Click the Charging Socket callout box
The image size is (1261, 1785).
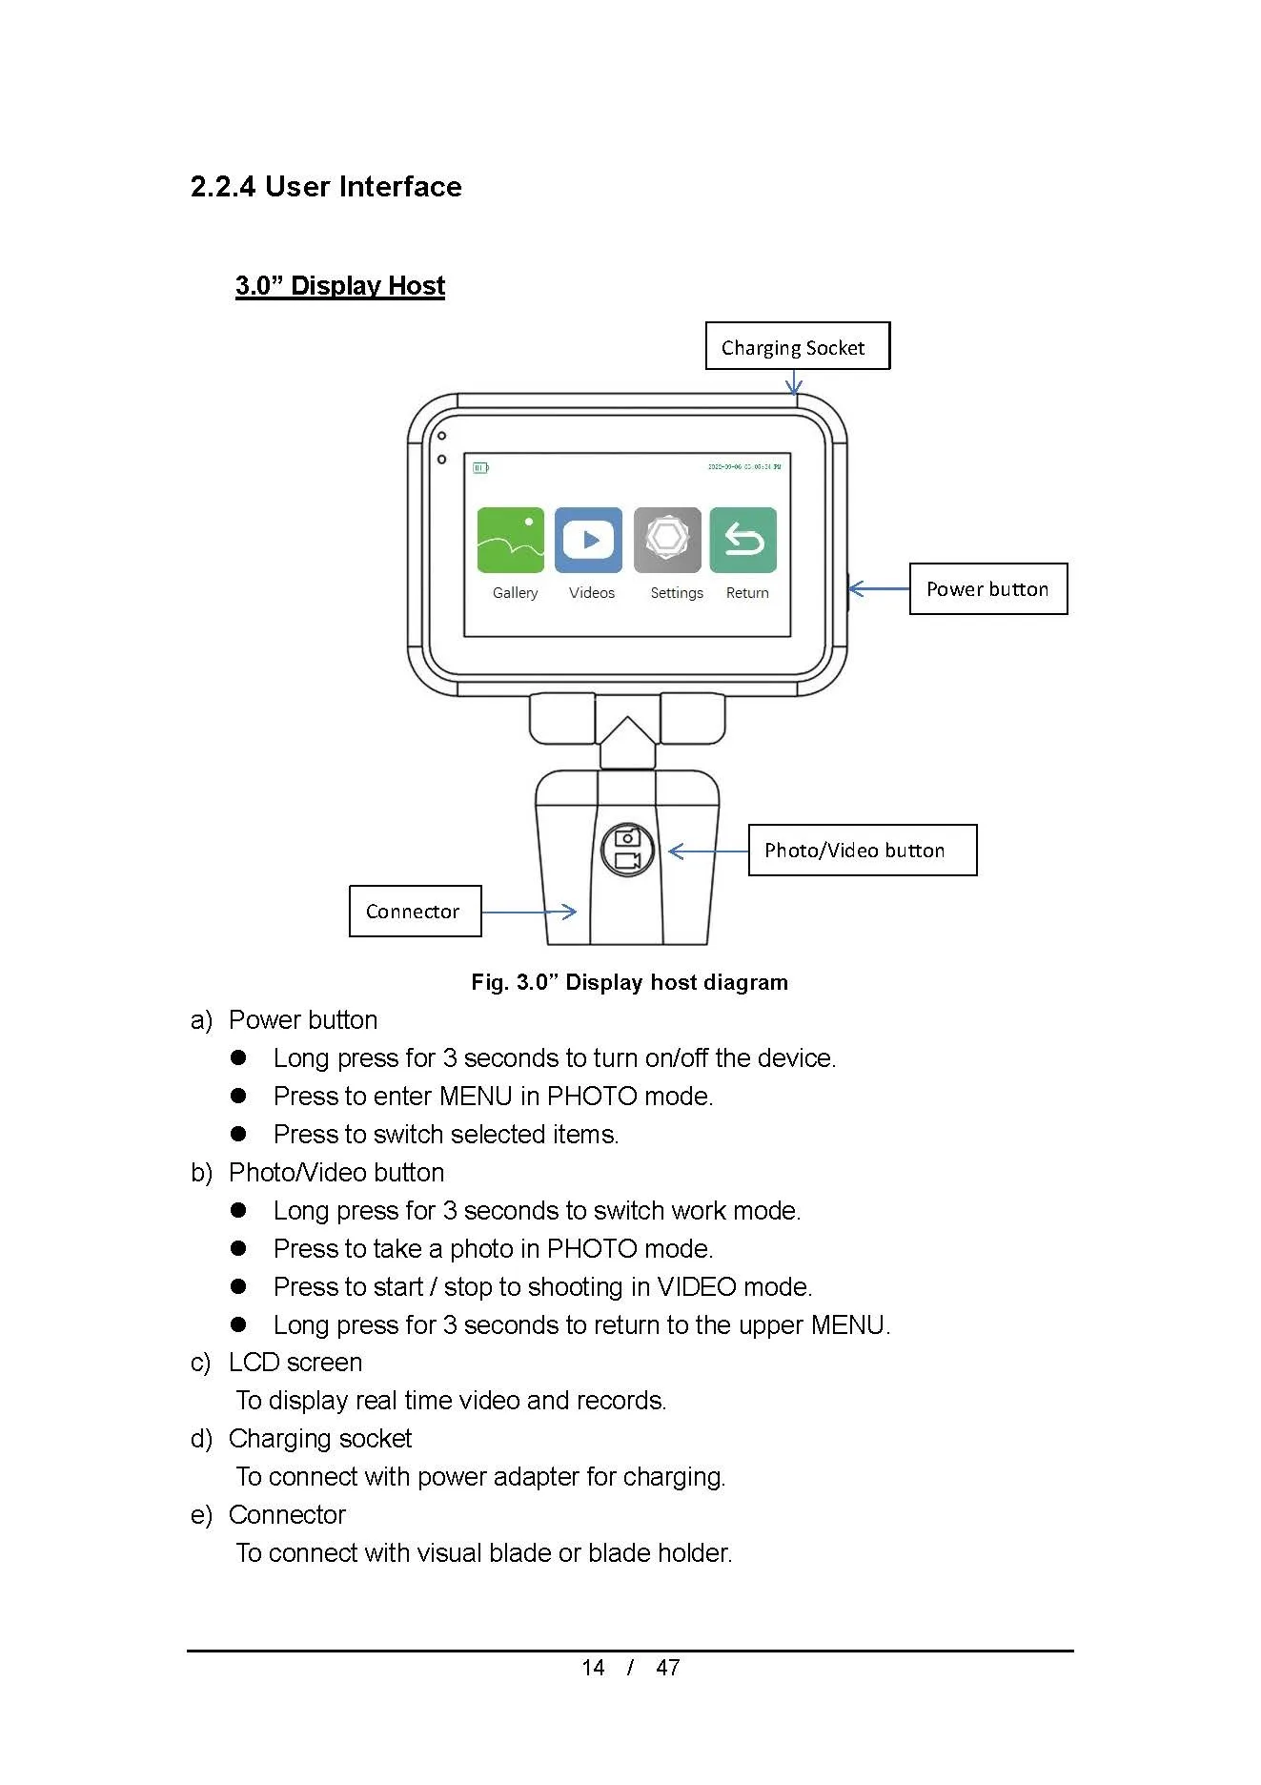click(x=797, y=346)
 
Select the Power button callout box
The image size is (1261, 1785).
click(x=987, y=589)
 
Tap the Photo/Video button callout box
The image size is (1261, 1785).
click(x=862, y=850)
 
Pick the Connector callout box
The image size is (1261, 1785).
click(x=415, y=911)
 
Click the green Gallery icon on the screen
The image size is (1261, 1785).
click(x=511, y=540)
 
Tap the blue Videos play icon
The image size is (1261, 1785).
click(x=588, y=540)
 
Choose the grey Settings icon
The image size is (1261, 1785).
click(x=667, y=540)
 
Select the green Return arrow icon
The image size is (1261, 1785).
click(x=743, y=540)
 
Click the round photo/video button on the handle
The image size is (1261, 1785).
click(x=627, y=850)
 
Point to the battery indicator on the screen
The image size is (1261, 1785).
click(x=480, y=467)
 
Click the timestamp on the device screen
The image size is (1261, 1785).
click(x=743, y=467)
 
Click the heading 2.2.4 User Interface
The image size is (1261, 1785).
click(x=326, y=186)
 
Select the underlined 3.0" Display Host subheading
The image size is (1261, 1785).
click(x=340, y=285)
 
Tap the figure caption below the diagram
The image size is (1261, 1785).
click(x=629, y=982)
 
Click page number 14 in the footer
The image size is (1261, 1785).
click(x=593, y=1667)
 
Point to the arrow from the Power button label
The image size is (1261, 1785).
click(x=878, y=588)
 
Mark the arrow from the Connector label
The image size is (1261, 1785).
click(x=529, y=912)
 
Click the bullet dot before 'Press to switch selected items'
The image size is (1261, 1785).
click(x=238, y=1134)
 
